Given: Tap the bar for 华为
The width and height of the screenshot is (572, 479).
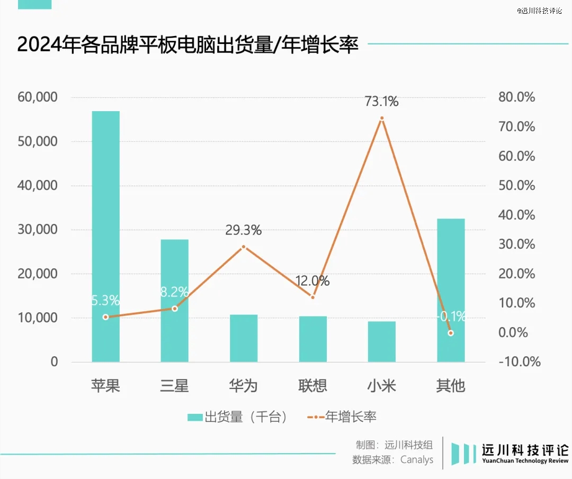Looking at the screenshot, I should [244, 339].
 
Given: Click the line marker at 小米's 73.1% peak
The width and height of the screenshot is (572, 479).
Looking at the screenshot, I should [381, 118].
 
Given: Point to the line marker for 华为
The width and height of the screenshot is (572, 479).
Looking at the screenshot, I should [244, 247].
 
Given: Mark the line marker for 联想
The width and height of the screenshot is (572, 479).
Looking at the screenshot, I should [313, 297].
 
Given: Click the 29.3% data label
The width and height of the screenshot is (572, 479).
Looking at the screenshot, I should [244, 230].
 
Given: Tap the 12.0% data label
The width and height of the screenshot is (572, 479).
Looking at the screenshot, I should [313, 281].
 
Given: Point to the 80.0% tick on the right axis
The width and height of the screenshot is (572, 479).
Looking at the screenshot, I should [517, 97].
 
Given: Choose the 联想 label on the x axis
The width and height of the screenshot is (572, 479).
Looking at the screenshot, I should [313, 386].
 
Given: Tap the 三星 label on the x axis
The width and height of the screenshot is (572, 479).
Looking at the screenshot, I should [175, 386].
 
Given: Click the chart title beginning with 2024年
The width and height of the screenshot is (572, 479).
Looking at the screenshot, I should [188, 45].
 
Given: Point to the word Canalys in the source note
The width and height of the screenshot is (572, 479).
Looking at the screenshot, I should [417, 459].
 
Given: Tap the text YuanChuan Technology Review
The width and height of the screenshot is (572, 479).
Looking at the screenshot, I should [525, 461].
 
